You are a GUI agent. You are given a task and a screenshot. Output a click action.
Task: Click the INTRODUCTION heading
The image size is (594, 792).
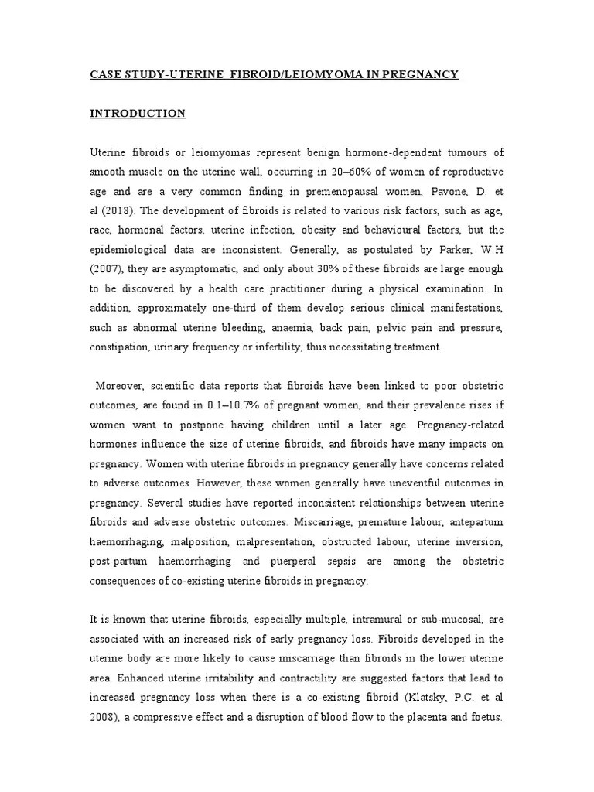(138, 114)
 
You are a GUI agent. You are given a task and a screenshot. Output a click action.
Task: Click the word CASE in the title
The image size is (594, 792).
(106, 74)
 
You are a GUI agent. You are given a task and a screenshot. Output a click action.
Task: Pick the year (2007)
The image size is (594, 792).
(108, 269)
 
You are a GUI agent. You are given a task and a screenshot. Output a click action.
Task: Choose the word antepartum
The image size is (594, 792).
(474, 522)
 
